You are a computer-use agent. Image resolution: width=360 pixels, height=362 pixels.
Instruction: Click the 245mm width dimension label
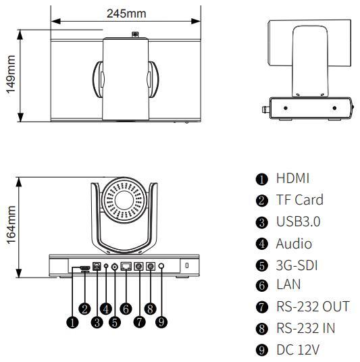(x=126, y=14)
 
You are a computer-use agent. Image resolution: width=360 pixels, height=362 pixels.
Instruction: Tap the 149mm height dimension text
(x=11, y=74)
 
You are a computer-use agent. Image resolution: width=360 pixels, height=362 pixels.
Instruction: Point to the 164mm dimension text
(x=11, y=225)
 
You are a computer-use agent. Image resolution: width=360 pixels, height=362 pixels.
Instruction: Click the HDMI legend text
(x=292, y=178)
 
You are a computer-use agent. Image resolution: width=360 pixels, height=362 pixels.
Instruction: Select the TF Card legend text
(x=300, y=200)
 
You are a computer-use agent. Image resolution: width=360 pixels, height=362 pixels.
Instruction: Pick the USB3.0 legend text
(x=298, y=222)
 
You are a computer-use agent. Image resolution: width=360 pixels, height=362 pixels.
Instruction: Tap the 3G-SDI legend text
(x=297, y=265)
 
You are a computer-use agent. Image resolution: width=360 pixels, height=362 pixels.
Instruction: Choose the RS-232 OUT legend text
(x=313, y=307)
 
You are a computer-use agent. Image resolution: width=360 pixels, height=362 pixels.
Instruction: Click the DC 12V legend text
(x=298, y=349)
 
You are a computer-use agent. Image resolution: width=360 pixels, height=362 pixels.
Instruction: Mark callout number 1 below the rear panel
(x=72, y=322)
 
